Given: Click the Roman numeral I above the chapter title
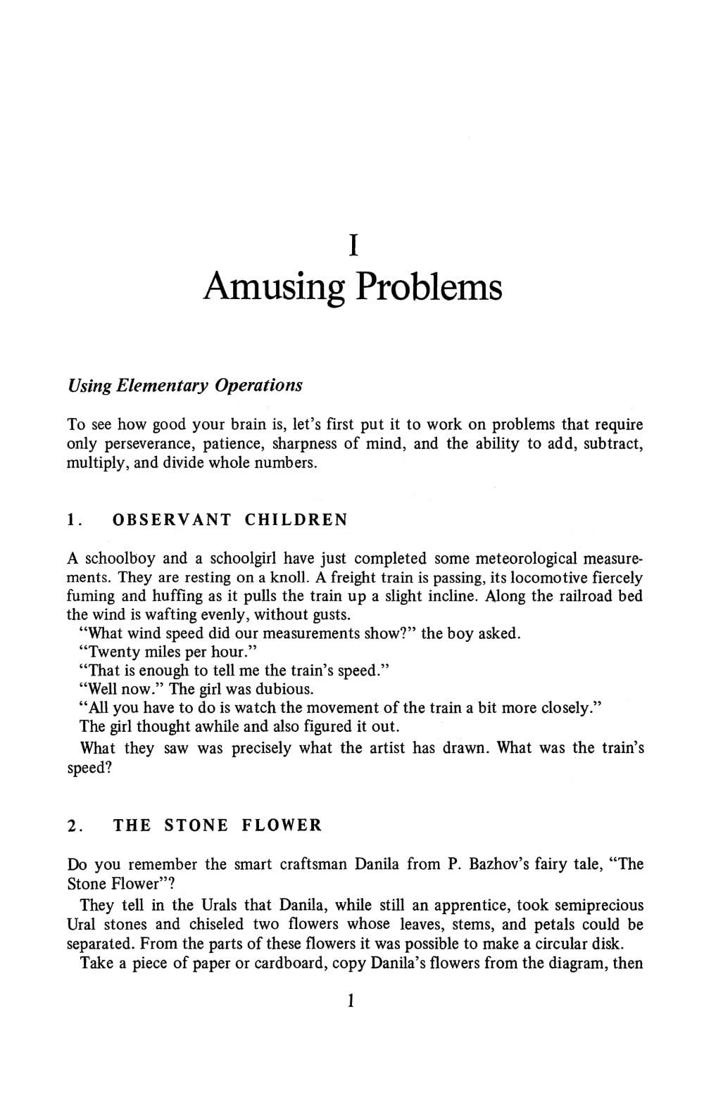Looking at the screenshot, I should click(x=354, y=245).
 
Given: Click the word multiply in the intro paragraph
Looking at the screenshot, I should click(x=94, y=464).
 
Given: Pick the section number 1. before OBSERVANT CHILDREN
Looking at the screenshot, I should click(x=75, y=520).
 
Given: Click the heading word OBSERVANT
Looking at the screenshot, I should click(x=172, y=520).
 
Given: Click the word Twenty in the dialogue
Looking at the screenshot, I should click(x=114, y=652).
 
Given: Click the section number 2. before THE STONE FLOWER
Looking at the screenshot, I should click(x=75, y=825).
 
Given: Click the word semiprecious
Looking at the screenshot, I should click(x=599, y=905).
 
